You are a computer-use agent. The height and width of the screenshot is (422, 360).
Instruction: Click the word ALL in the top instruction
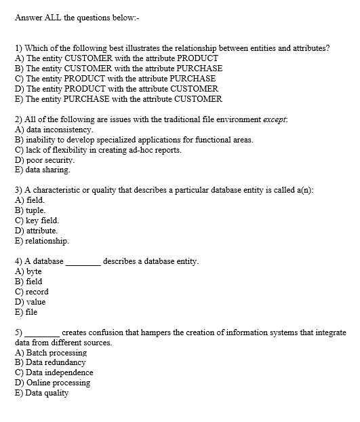(55, 18)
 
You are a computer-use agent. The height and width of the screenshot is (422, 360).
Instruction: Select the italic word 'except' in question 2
(274, 119)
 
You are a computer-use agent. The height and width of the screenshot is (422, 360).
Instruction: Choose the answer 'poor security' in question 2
(49, 160)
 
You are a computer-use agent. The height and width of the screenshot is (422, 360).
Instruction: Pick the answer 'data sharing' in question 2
(48, 170)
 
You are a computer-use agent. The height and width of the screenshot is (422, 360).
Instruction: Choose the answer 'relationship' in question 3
(47, 241)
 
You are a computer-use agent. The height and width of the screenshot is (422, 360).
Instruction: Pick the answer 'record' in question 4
(37, 292)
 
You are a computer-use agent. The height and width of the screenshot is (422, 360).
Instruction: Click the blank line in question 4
(83, 263)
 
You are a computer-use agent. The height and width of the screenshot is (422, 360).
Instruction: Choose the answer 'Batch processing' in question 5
(56, 353)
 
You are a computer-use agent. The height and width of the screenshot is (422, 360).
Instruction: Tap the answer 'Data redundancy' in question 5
(56, 362)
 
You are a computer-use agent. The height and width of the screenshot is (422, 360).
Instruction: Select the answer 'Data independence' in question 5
(59, 372)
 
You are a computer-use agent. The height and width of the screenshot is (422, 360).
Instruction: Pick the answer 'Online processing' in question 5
(58, 383)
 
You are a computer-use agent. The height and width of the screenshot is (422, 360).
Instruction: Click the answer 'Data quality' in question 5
(47, 393)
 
